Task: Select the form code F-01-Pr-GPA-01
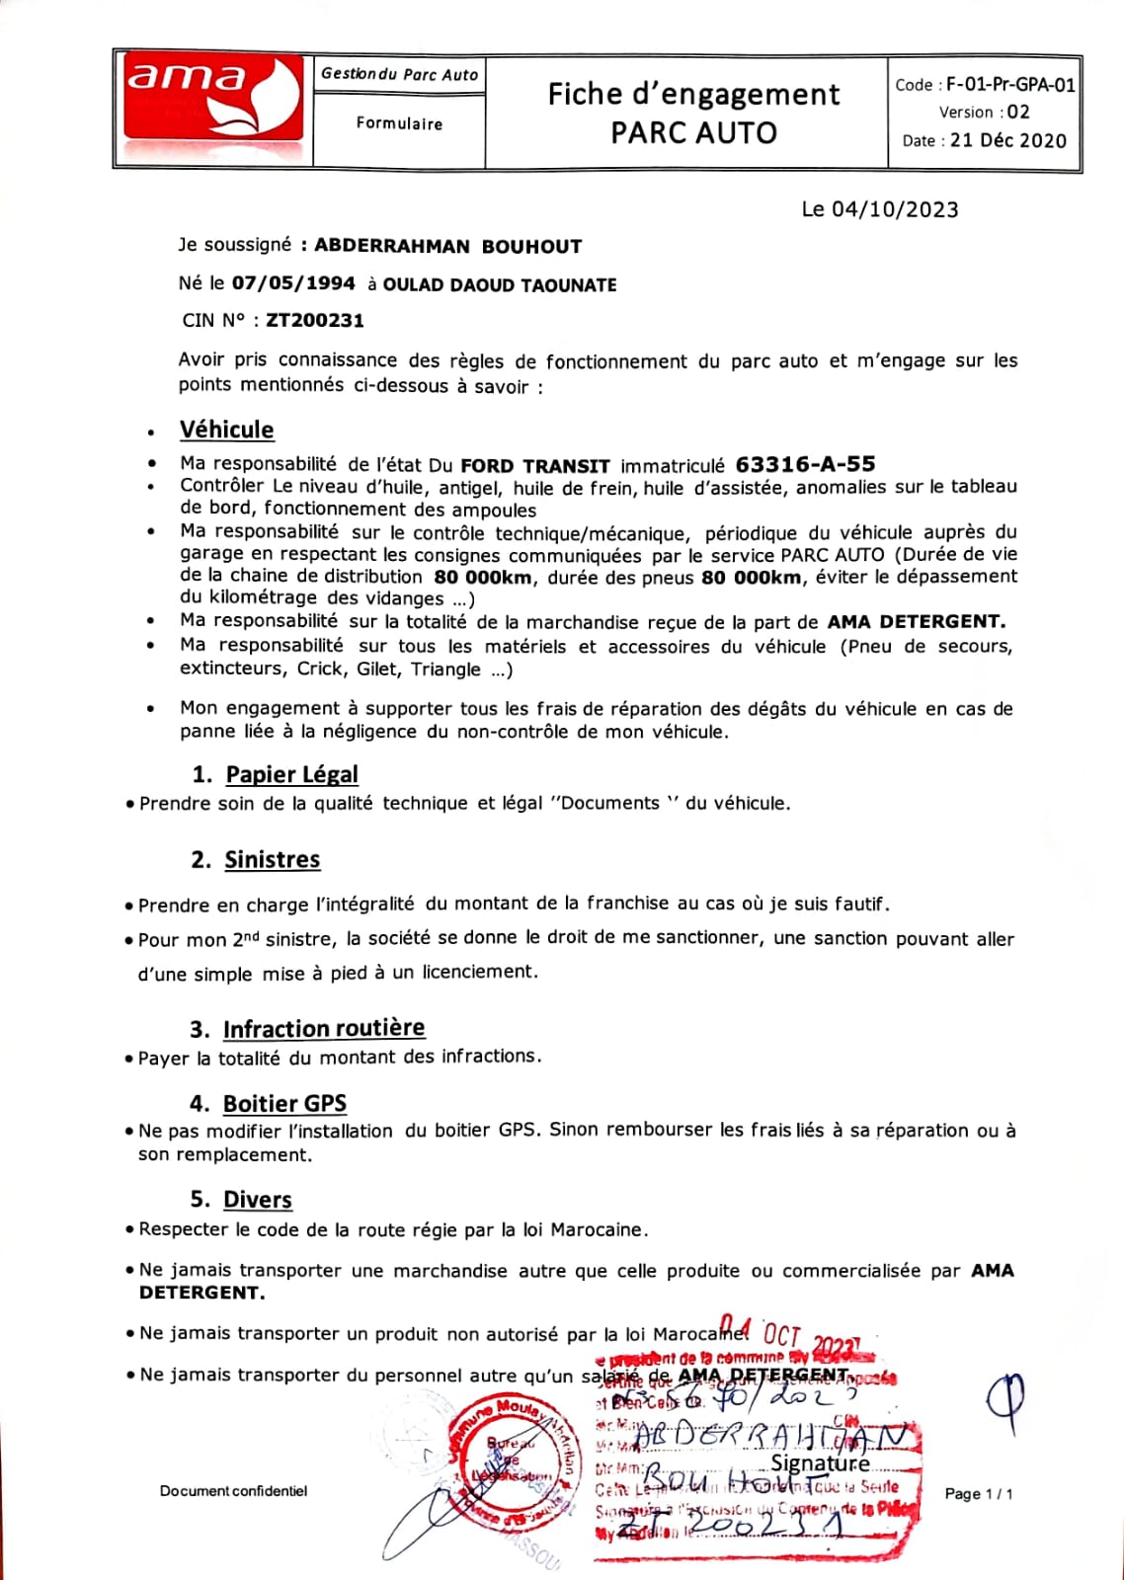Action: [x=1010, y=85]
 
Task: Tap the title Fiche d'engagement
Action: [x=693, y=95]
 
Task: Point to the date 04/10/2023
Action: [x=894, y=209]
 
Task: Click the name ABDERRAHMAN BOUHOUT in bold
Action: [x=447, y=246]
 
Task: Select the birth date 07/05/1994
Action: [x=293, y=284]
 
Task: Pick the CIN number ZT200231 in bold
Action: [x=315, y=320]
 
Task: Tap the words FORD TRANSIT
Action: [x=535, y=465]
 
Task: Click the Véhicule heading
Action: [x=227, y=430]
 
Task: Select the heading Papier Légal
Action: [x=291, y=774]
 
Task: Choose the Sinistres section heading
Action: [x=272, y=860]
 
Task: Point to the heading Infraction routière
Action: [x=324, y=1029]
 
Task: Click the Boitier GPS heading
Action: [x=284, y=1104]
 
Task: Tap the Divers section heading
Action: [x=258, y=1200]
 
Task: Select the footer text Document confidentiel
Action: [x=233, y=1491]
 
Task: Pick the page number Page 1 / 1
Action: [x=979, y=1494]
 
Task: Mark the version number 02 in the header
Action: [x=1018, y=113]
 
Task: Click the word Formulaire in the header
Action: [x=399, y=124]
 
